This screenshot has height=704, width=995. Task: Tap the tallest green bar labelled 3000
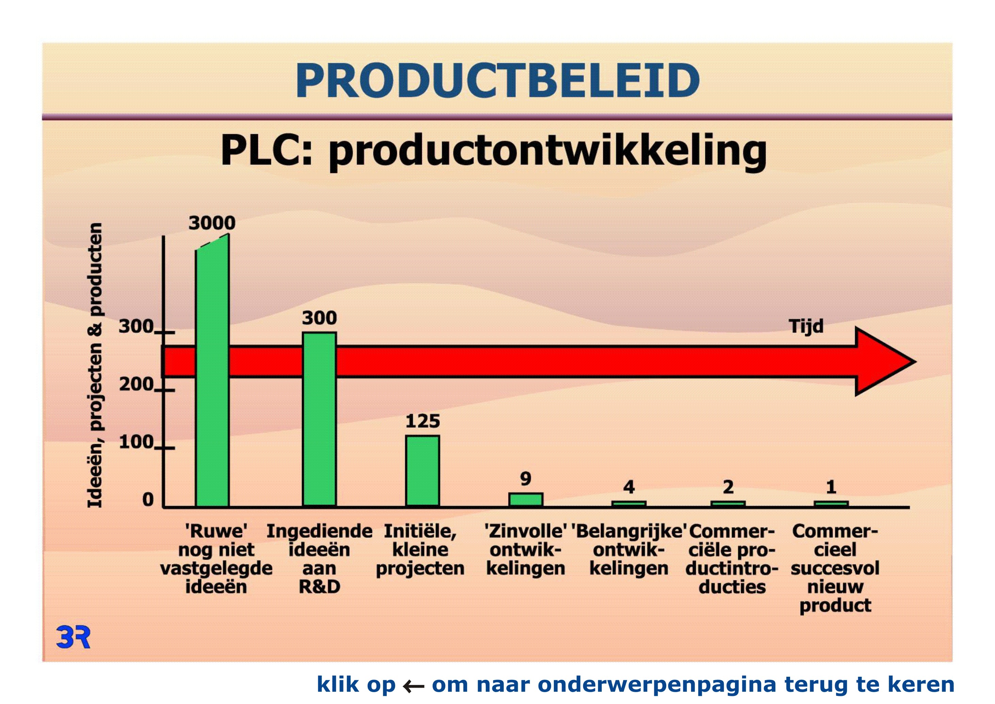point(212,371)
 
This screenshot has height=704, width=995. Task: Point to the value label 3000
point(212,223)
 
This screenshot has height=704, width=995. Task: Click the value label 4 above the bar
point(629,487)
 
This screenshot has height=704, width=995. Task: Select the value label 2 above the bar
point(728,487)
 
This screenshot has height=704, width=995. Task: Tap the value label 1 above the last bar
point(831,487)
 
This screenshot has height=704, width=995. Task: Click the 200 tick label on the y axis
point(136,384)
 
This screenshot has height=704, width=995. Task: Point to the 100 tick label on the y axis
point(136,442)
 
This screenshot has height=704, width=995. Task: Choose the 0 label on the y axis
point(148,500)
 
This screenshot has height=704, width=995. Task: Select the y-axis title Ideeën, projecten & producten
point(95,365)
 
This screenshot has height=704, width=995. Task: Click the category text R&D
point(319,587)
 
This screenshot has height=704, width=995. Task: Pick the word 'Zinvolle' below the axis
point(525,531)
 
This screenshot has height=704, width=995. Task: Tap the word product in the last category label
point(835,606)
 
